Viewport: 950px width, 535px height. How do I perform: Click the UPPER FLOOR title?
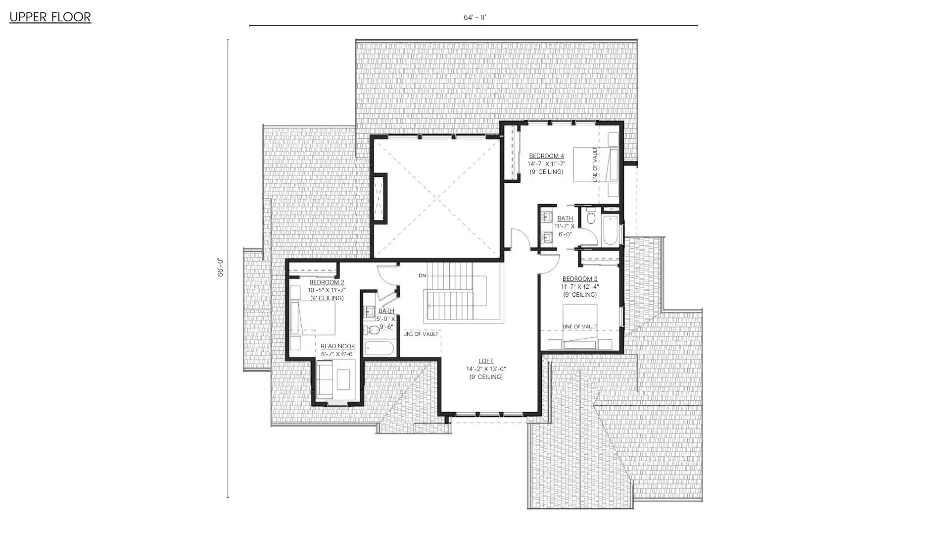click(x=50, y=17)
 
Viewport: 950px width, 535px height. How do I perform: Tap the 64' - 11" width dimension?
click(x=475, y=17)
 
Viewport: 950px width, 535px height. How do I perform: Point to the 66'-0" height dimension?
click(x=221, y=267)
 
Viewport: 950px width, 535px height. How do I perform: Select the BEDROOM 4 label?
click(x=546, y=156)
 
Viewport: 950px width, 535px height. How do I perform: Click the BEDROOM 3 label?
click(x=580, y=279)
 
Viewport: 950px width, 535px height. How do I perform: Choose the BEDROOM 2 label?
click(x=327, y=282)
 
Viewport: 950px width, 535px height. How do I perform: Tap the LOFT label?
click(x=486, y=361)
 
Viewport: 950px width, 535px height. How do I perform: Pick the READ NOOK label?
click(x=337, y=346)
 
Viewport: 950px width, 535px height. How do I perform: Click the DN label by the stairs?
click(x=422, y=276)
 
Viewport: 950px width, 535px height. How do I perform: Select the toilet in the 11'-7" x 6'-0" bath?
click(x=590, y=216)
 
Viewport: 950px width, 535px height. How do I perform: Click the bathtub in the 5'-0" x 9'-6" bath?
click(x=380, y=348)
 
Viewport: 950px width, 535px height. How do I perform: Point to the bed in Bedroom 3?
click(x=580, y=326)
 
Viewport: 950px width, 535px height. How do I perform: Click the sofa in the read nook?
click(x=325, y=379)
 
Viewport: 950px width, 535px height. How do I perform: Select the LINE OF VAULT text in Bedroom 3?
click(x=580, y=326)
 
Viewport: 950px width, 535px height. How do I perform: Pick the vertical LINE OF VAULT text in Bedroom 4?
click(x=595, y=164)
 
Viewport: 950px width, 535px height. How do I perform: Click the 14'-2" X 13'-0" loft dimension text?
click(x=486, y=369)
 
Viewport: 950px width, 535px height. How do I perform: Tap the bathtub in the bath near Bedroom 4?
click(x=611, y=230)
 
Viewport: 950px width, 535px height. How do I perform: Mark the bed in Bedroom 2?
click(x=313, y=318)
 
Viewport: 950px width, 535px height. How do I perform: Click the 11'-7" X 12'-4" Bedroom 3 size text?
click(x=580, y=287)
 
